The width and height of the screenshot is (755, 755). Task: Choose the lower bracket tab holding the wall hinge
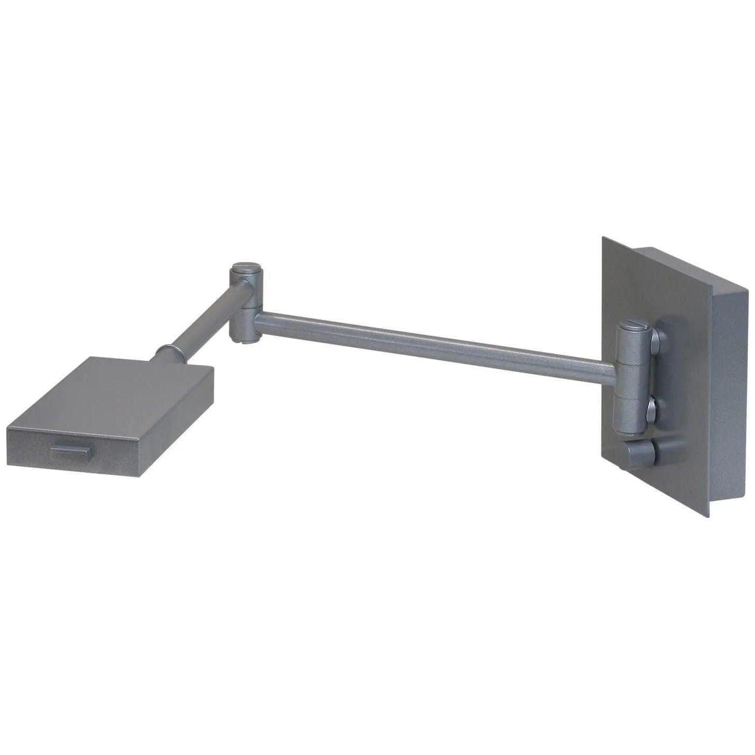point(653,408)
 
